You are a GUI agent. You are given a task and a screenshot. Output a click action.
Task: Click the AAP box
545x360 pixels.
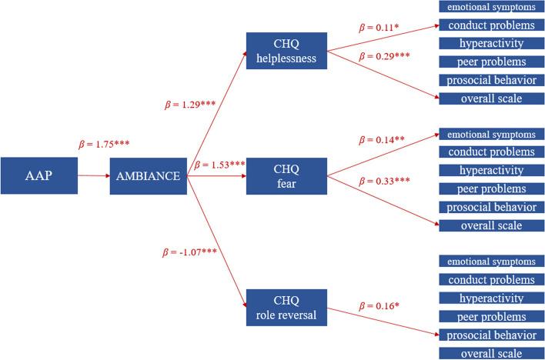pyautogui.click(x=38, y=176)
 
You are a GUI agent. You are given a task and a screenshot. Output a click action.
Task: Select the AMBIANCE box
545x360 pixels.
pyautogui.click(x=148, y=176)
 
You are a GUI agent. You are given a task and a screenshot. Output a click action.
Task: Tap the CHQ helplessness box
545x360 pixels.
pyautogui.click(x=286, y=50)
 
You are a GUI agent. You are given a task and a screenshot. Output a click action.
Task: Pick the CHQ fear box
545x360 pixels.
pyautogui.click(x=286, y=176)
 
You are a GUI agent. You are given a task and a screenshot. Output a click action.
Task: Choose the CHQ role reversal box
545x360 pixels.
pyautogui.click(x=286, y=306)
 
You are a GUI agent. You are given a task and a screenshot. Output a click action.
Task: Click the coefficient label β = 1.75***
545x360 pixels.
pyautogui.click(x=105, y=144)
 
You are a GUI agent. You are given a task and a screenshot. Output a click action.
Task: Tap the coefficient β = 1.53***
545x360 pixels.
pyautogui.click(x=219, y=165)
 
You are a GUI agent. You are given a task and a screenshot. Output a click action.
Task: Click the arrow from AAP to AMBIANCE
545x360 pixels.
pyautogui.click(x=93, y=176)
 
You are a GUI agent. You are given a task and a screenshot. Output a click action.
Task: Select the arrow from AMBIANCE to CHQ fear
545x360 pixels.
pyautogui.click(x=216, y=176)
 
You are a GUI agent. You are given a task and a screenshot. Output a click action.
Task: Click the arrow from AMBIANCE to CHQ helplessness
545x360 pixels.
pyautogui.click(x=216, y=112)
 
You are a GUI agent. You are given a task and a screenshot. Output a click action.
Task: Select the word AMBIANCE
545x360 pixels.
pyautogui.click(x=148, y=176)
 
